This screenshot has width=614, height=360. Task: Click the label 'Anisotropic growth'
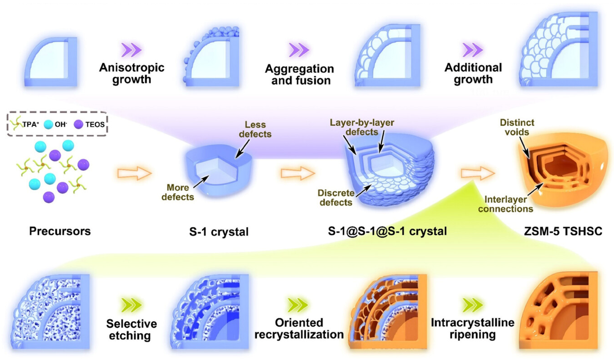point(131,73)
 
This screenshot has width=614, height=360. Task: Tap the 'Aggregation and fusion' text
point(299,75)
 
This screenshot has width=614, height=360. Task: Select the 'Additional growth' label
point(473,73)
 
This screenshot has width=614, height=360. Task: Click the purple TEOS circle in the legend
point(79,124)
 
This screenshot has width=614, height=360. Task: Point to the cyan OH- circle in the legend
point(49,124)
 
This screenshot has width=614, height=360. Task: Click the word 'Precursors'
point(60,231)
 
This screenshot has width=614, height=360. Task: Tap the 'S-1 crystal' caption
point(219,232)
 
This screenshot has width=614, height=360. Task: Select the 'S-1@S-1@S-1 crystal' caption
point(387,231)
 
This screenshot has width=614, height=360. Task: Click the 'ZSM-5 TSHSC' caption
point(563,231)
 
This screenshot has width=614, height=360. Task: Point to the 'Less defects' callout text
point(255,130)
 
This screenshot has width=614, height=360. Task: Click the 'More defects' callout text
point(178,192)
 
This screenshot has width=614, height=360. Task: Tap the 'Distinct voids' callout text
point(517,127)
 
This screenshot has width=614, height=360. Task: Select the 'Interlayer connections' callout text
point(505,204)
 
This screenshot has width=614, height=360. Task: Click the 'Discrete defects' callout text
point(336,198)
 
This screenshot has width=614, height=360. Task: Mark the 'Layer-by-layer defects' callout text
point(362,127)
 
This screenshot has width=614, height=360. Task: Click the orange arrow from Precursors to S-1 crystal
point(134,173)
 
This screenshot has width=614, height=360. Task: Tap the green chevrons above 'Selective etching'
point(131,305)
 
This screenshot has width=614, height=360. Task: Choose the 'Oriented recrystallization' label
point(299,329)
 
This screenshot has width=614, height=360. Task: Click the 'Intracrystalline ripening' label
point(473,329)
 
